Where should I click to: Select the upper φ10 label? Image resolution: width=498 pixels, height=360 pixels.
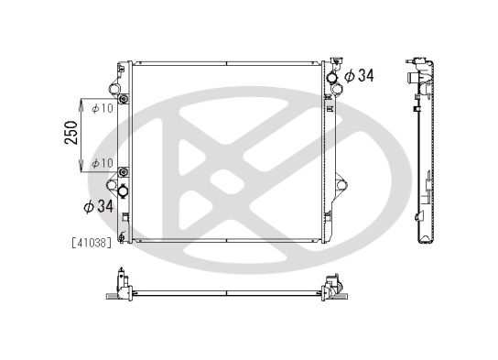point(103,108)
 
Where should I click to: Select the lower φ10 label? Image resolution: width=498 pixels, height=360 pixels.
point(103,163)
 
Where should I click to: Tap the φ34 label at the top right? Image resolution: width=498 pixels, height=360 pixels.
point(359,76)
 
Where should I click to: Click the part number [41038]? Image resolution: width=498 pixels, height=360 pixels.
point(91,244)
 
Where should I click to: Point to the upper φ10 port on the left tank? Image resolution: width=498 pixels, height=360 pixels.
point(123,98)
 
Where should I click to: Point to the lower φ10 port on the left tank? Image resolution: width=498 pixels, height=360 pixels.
point(123,172)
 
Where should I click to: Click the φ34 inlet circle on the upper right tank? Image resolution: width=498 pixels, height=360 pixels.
point(330,78)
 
